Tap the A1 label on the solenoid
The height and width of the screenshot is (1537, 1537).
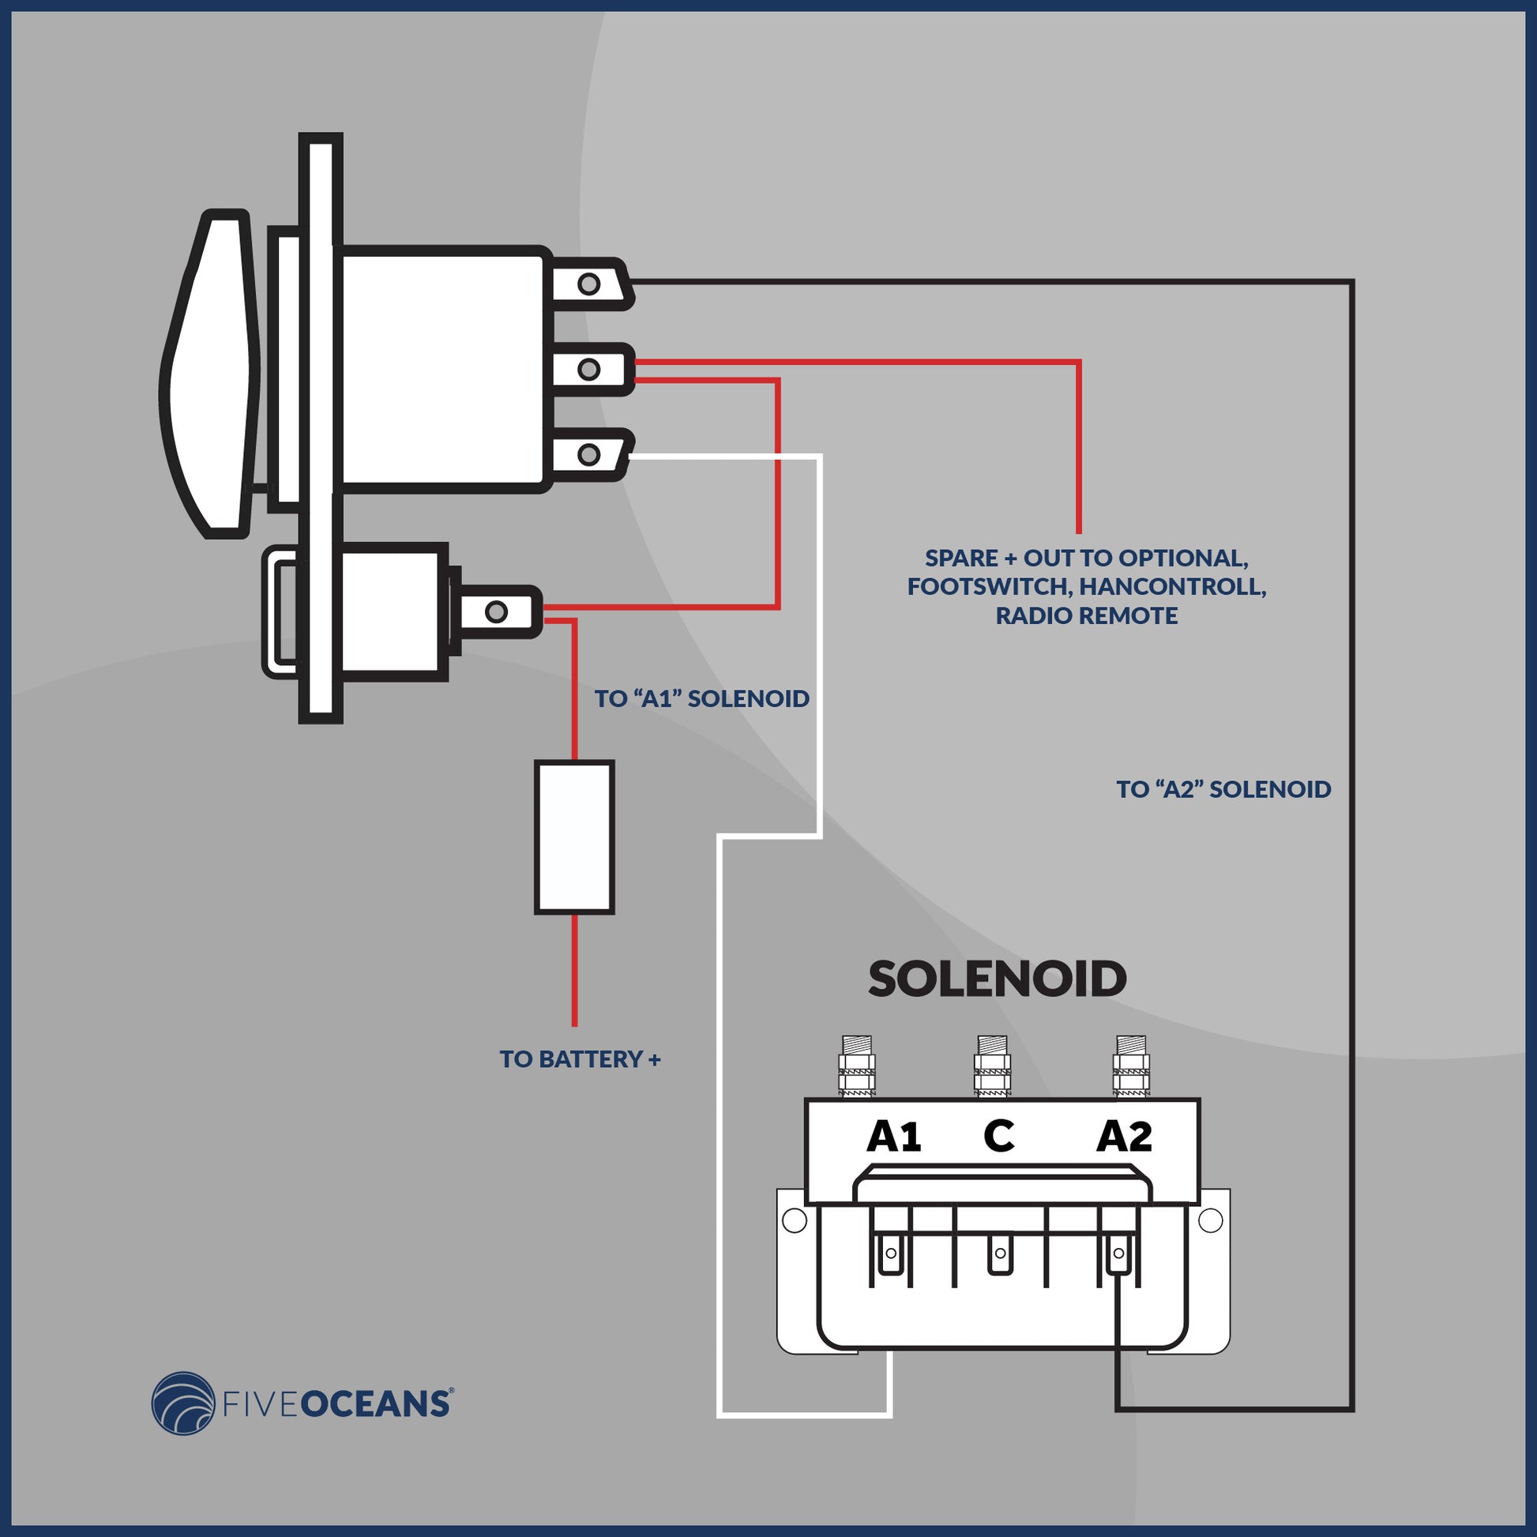893,1137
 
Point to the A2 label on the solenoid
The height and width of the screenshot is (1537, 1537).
1123,1137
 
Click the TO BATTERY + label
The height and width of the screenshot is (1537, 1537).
580,1059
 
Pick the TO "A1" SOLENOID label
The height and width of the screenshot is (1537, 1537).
701,698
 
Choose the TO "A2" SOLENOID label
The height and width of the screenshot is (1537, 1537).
1223,789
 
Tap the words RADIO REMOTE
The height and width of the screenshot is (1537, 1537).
1087,615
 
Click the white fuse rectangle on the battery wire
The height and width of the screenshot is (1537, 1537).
574,837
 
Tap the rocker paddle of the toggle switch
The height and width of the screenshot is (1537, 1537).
211,374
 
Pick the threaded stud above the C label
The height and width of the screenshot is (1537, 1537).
992,1067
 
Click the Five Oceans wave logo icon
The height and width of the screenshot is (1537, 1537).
184,1404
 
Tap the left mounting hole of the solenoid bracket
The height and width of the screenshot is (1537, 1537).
794,1220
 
